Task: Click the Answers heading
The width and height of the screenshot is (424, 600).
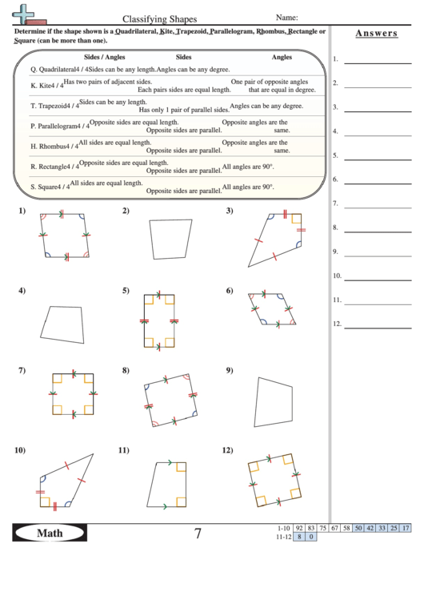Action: pos(375,33)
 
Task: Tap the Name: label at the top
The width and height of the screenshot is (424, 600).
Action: pos(287,17)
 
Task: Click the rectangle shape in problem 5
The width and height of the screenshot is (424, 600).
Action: pos(159,320)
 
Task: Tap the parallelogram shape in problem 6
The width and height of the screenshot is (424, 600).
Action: pos(271,308)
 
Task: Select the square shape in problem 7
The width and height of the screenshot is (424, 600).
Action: pos(74,394)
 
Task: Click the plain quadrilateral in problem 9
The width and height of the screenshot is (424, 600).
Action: pos(272,400)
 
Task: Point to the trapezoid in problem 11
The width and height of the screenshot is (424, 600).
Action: pos(168,484)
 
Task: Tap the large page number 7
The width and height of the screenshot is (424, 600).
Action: pos(198,534)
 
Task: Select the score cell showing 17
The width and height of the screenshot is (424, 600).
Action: pos(406,528)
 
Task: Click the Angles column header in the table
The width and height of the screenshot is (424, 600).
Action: pos(282,58)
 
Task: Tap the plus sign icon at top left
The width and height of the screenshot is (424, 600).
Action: pos(26,13)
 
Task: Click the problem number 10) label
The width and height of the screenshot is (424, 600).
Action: pos(20,450)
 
